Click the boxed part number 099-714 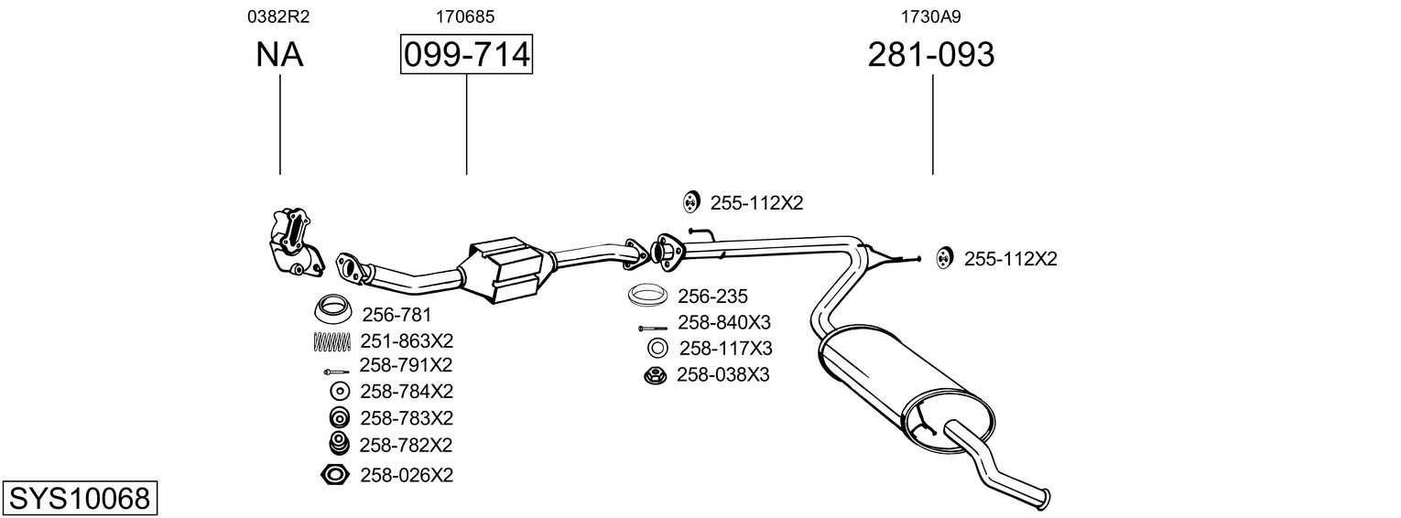(466, 56)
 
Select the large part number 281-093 (930, 56)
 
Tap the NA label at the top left (279, 56)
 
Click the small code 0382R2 (279, 16)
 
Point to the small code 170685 (466, 16)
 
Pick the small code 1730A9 (930, 16)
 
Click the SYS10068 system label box (80, 499)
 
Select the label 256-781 (396, 315)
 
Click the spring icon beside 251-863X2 (331, 341)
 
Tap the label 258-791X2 (406, 365)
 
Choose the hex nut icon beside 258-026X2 (336, 474)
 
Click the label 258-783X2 (407, 418)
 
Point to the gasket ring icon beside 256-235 (648, 296)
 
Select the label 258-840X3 (724, 322)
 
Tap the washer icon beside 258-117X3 (657, 348)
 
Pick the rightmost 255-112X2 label (1010, 259)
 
